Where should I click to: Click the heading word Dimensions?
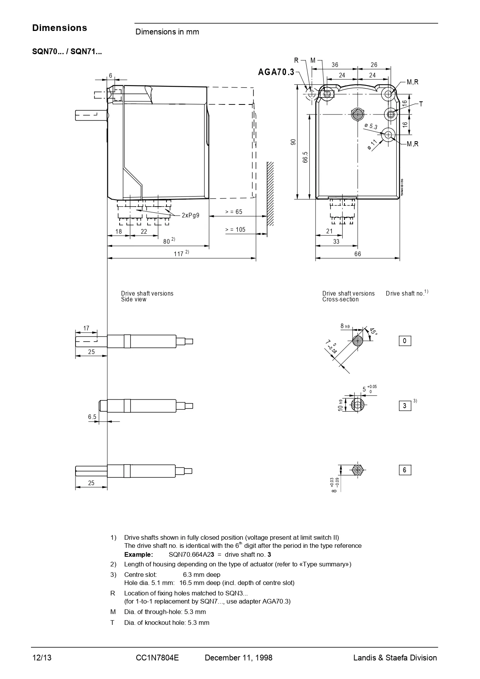point(60,28)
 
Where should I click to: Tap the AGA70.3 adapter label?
point(276,72)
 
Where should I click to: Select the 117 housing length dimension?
point(178,254)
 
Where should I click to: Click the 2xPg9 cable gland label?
point(190,215)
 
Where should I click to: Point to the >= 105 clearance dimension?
point(235,230)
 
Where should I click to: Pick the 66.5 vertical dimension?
point(305,157)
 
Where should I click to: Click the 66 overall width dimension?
point(357,254)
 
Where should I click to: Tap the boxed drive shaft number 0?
point(405,341)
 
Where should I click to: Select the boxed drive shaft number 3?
point(405,406)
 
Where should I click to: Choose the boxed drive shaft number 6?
point(405,470)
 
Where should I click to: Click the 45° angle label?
point(373,332)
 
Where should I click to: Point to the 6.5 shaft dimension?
point(92,417)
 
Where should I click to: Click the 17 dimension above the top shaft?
point(86,328)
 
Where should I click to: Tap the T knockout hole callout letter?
point(421,104)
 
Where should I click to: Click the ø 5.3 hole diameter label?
point(370,126)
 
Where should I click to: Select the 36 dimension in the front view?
point(335,65)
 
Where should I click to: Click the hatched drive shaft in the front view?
point(357,115)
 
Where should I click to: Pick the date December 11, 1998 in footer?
point(238,658)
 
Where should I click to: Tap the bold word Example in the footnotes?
point(139,554)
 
